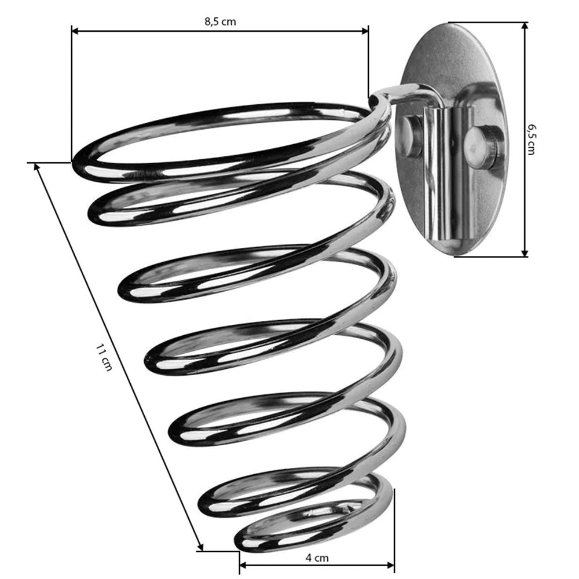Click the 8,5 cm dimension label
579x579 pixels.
[x=220, y=21]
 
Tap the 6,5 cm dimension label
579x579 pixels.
[x=532, y=140]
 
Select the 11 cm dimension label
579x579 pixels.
[x=104, y=357]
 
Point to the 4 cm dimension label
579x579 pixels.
[x=317, y=558]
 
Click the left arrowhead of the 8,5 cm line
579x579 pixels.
[x=75, y=31]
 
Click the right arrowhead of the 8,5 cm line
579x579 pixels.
[x=365, y=31]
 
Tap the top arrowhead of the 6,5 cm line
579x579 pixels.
[x=525, y=26]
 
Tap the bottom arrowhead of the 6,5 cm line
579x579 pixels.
[x=525, y=252]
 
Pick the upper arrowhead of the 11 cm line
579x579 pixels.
[x=37, y=167]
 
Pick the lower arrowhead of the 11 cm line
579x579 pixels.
[x=200, y=547]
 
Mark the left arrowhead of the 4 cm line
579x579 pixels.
[x=243, y=565]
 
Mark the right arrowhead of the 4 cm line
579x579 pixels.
[x=390, y=565]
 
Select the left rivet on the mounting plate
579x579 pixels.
[x=411, y=135]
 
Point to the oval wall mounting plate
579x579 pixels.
[x=453, y=139]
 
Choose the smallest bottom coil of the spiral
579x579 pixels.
[x=314, y=526]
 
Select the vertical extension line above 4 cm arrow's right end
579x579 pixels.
[x=394, y=525]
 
